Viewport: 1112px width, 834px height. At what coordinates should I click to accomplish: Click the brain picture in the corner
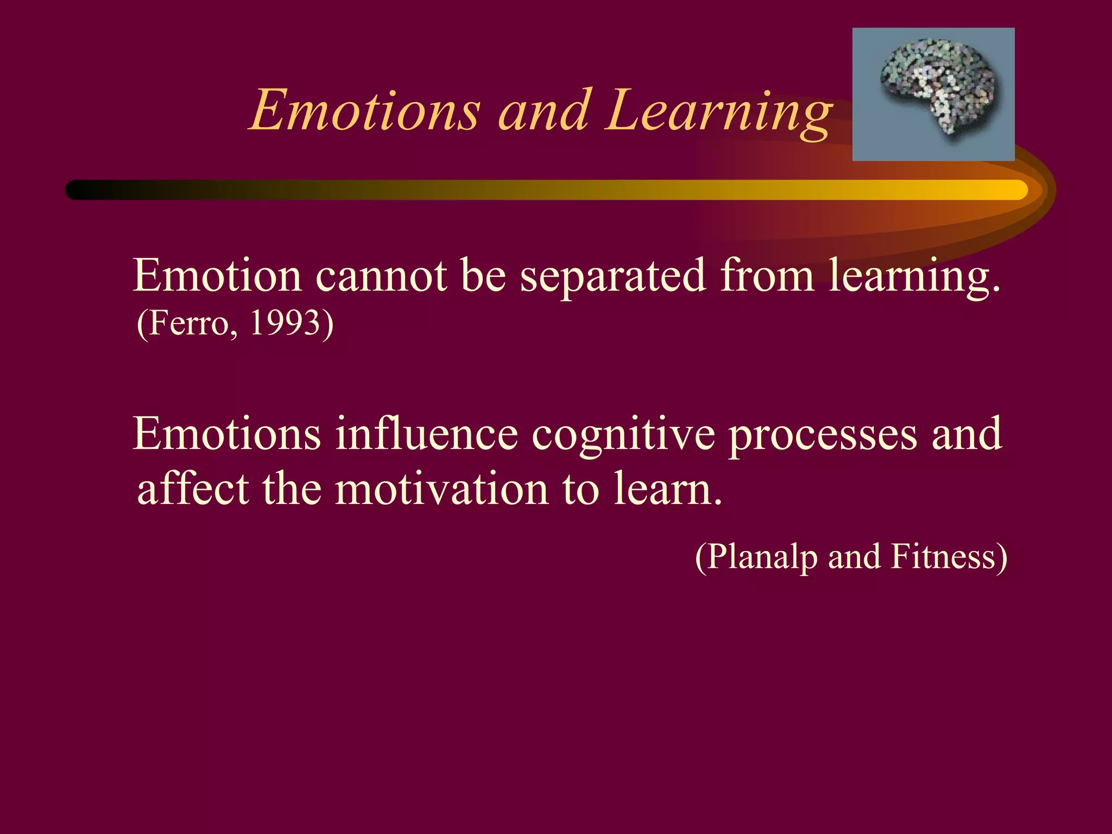[x=933, y=94]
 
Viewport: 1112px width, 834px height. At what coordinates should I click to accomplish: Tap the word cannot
[x=381, y=276]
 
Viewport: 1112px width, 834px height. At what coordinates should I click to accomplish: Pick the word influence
[x=426, y=434]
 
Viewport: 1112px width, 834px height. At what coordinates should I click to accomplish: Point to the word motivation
[x=441, y=489]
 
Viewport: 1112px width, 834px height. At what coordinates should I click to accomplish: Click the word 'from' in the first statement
[x=767, y=276]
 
